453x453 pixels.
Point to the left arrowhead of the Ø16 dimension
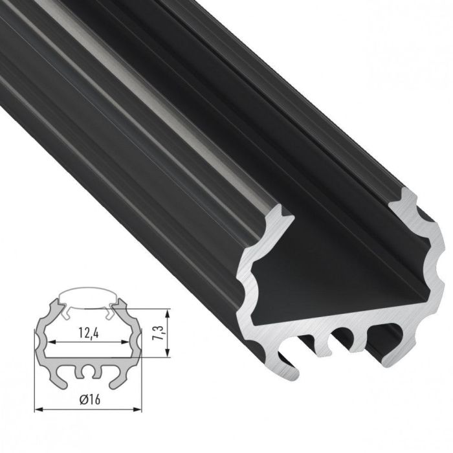36,410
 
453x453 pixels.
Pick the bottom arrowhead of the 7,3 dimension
168,353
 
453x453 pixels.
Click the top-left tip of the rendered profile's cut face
280,210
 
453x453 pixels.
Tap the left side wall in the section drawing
41,337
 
